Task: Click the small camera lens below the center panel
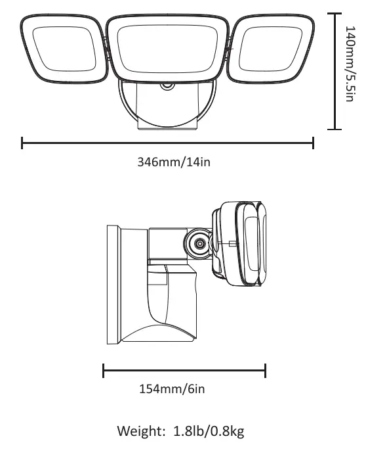167,86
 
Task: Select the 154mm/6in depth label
172,389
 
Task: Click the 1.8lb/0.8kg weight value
209,431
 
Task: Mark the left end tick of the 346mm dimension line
22,143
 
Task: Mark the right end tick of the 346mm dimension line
313,143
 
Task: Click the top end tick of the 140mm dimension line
335,13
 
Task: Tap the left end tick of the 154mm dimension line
104,371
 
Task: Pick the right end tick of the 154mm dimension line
265,371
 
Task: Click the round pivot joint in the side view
197,243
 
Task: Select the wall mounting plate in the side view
112,284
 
